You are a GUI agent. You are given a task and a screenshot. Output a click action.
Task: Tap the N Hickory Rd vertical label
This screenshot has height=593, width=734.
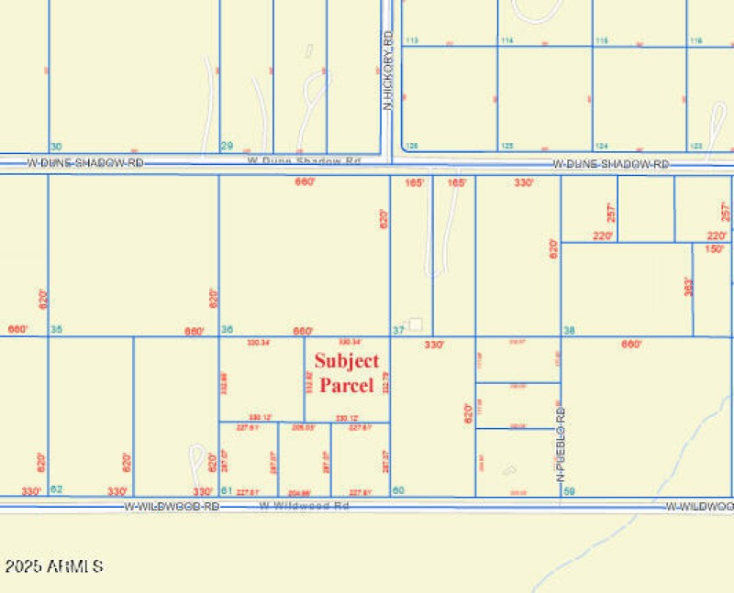pos(387,70)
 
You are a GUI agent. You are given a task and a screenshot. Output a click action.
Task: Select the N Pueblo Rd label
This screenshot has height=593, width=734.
pos(559,446)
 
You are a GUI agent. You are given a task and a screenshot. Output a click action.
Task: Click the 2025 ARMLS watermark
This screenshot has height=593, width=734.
pos(53,566)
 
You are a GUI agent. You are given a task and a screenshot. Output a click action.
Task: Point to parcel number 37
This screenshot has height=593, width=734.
pos(398,330)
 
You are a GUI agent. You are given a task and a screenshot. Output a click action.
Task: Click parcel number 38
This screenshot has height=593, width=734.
pos(569,330)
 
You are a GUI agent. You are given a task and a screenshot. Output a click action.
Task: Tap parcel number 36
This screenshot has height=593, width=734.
pos(227,330)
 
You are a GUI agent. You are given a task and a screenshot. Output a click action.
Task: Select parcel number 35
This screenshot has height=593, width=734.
pos(56,330)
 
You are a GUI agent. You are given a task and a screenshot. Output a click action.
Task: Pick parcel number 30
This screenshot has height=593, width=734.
pos(56,147)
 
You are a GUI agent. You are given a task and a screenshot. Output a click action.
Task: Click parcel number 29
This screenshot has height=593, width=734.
pos(227,147)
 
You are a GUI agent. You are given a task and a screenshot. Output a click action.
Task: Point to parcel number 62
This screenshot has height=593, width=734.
pos(56,489)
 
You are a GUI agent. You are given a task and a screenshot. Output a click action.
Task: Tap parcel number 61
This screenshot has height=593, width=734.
pos(227,490)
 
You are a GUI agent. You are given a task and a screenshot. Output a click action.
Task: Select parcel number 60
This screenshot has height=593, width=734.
pos(398,490)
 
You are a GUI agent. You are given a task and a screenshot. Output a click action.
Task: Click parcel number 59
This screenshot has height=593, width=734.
pos(569,490)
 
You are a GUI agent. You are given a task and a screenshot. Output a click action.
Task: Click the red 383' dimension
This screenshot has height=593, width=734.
pos(687,286)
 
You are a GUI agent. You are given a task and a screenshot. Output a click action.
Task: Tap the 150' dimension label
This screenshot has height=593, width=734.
pos(714,248)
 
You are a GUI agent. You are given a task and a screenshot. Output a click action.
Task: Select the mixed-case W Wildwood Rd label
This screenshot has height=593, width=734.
pos(306,505)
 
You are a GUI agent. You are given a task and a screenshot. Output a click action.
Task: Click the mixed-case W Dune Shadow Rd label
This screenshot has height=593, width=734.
pos(305,161)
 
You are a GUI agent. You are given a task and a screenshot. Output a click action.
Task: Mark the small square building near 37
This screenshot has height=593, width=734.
pos(416,324)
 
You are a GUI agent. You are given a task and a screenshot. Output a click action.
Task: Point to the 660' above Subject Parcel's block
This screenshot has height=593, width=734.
pos(305,181)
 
